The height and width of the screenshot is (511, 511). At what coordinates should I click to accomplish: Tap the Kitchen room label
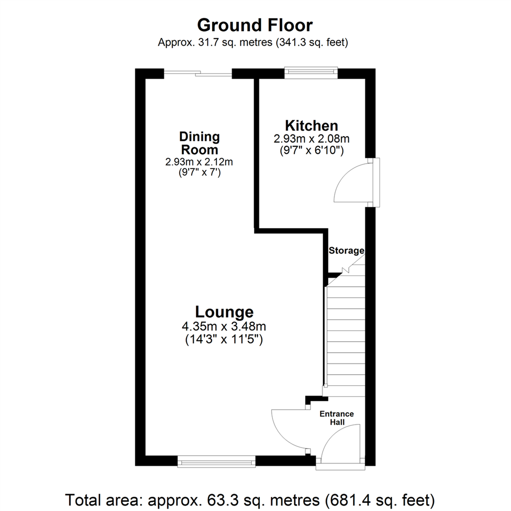pyautogui.click(x=311, y=126)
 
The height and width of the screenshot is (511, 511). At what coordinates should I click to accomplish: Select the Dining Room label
pyautogui.click(x=199, y=143)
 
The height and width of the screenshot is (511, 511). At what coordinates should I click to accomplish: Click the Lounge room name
pyautogui.click(x=224, y=312)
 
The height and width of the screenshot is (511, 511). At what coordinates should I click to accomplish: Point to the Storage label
pyautogui.click(x=346, y=250)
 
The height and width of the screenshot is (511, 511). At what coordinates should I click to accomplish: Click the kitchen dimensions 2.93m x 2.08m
pyautogui.click(x=311, y=139)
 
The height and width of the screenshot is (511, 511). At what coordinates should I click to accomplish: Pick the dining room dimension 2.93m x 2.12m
pyautogui.click(x=199, y=162)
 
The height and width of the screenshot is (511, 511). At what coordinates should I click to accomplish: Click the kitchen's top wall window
pyautogui.click(x=311, y=72)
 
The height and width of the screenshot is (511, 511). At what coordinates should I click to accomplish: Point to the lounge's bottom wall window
pyautogui.click(x=216, y=461)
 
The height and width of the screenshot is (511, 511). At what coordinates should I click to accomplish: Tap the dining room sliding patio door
pyautogui.click(x=198, y=73)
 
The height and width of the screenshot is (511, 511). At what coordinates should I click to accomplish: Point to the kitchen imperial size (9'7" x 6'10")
pyautogui.click(x=311, y=151)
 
